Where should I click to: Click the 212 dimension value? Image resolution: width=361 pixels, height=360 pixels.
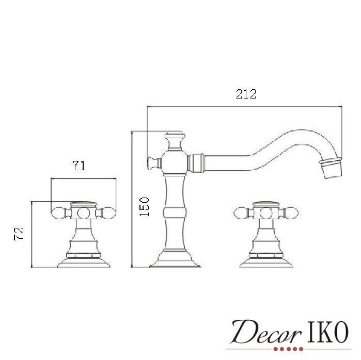click(246, 94)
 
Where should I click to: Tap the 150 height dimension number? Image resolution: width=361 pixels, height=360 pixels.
click(145, 206)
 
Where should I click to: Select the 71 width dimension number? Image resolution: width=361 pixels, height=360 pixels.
click(79, 166)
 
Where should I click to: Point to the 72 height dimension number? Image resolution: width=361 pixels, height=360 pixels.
click(19, 234)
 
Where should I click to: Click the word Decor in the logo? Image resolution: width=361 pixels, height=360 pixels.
click(265, 332)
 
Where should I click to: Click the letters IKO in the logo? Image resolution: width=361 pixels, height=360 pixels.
click(327, 332)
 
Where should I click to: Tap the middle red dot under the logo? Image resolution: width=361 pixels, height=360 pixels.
click(288, 349)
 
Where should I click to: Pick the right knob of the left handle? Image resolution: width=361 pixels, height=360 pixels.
click(108, 213)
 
